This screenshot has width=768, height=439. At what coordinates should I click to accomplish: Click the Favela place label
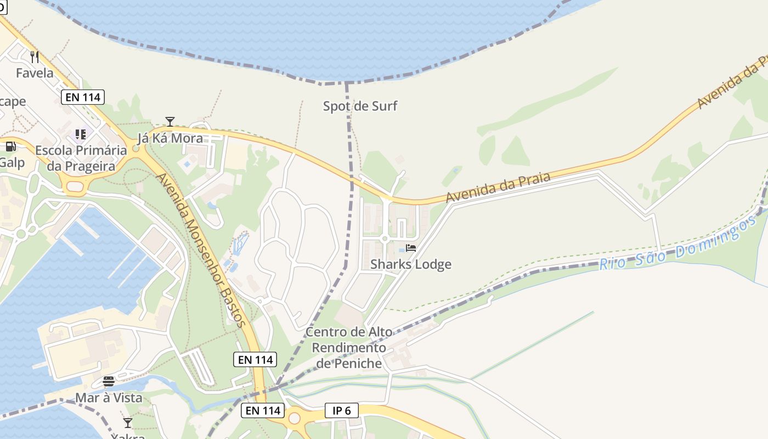click(x=35, y=73)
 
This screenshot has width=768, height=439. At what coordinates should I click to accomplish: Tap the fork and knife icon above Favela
click(x=35, y=57)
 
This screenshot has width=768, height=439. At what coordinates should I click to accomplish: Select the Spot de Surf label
click(x=360, y=106)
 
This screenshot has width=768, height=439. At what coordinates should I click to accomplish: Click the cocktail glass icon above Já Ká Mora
click(x=170, y=121)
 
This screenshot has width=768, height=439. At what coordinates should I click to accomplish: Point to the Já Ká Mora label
click(x=170, y=138)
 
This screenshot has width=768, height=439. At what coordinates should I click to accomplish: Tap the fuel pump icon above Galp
click(x=10, y=147)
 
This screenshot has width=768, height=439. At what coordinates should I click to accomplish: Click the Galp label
click(x=12, y=162)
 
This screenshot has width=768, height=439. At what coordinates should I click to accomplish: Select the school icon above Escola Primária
click(x=81, y=134)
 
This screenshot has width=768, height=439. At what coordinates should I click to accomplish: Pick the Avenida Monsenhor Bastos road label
click(x=201, y=250)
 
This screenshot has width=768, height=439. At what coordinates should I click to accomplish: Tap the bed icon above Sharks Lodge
click(x=411, y=248)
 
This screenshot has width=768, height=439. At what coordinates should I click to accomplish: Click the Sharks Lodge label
click(x=411, y=264)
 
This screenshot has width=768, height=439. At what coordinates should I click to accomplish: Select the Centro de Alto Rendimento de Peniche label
click(x=349, y=347)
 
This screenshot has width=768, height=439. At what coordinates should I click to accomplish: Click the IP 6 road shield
click(x=341, y=410)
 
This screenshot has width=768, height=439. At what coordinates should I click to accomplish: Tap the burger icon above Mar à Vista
click(x=109, y=381)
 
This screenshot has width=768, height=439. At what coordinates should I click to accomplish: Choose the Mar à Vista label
click(x=109, y=398)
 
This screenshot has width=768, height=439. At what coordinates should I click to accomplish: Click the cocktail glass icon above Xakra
click(x=128, y=423)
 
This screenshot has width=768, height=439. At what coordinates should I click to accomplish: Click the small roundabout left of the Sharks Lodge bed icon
click(x=385, y=239)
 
